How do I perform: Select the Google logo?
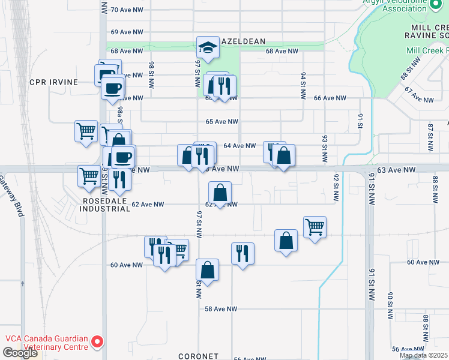tap(20, 353)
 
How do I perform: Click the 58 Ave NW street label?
tap(221, 309)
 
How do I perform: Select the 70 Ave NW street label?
tap(127, 10)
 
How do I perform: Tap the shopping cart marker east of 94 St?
tap(315, 227)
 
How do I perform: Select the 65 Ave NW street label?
tap(218, 122)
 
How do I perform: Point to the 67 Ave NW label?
tap(418, 95)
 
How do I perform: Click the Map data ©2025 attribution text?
tap(424, 355)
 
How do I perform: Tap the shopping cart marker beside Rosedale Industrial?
tap(89, 176)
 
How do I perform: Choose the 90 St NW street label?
tap(390, 305)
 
